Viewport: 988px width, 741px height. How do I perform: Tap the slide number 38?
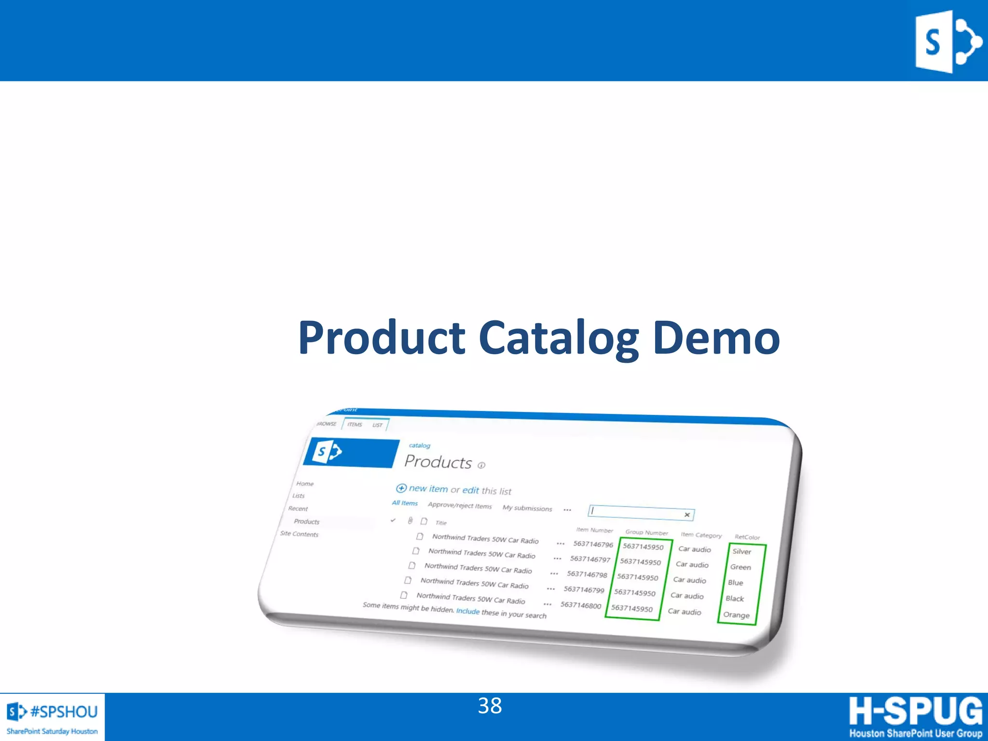(490, 706)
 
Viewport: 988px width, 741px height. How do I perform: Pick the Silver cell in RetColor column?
(741, 551)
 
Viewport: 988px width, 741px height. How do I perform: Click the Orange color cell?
(736, 615)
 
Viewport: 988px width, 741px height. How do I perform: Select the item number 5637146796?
(593, 544)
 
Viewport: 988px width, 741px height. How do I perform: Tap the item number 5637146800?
(581, 605)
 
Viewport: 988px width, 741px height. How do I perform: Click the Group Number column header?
(646, 533)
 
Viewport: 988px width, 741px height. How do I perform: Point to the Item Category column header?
(701, 535)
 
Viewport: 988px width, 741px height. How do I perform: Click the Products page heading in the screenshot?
(438, 462)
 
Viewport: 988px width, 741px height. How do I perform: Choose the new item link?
(428, 489)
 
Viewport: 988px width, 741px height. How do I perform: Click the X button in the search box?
(687, 515)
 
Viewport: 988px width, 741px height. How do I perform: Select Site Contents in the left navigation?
(299, 534)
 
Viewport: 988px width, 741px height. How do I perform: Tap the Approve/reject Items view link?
(460, 506)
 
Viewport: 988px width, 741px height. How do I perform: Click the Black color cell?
(735, 599)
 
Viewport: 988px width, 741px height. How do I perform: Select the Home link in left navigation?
(305, 484)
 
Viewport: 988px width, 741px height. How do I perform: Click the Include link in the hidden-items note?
(467, 611)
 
